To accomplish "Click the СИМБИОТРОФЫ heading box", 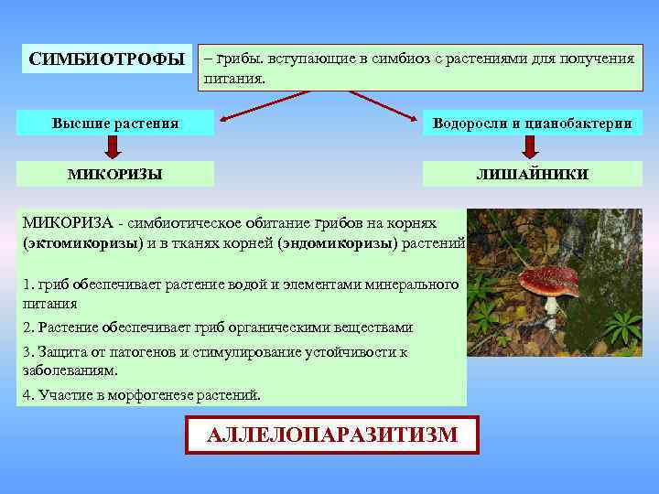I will click(106, 59).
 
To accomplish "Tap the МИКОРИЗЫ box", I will click(115, 174).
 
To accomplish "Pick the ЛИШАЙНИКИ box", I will click(532, 174).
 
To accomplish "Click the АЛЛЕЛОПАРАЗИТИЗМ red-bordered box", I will click(332, 435).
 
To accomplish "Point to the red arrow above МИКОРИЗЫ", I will click(113, 147).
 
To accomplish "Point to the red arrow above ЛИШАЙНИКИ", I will click(530, 147).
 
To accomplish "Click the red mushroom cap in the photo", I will click(549, 278).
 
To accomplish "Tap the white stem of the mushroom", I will click(551, 316).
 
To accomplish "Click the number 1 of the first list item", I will click(27, 285).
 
